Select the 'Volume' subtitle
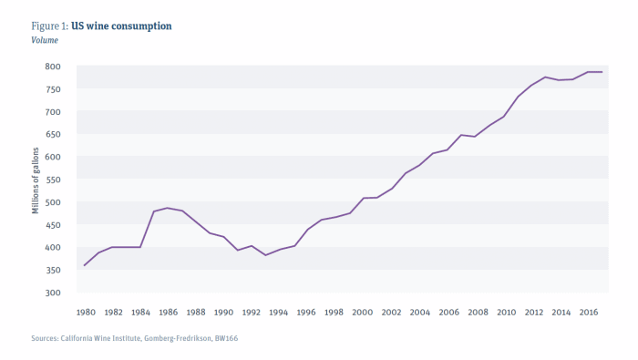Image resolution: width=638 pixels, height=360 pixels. pos(46,40)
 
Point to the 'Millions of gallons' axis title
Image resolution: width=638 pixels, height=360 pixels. pos(36,180)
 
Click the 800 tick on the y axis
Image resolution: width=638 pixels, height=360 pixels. pos(53,67)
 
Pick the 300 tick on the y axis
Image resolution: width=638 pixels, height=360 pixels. pos(53,293)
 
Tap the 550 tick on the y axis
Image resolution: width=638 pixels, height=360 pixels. pos(53,180)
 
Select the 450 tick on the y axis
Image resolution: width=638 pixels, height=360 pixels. pos(53,225)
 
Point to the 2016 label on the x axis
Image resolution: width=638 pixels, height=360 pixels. pos(588,312)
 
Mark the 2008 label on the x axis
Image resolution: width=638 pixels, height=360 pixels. pos(476,312)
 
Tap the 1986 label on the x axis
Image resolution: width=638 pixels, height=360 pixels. pos(168,312)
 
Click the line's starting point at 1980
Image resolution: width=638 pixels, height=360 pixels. pos(84,265)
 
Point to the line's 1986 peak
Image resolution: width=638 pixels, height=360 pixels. pos(168,208)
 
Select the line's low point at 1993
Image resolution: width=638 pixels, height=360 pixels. pos(266,255)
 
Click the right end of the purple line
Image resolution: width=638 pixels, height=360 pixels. pos(602,72)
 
